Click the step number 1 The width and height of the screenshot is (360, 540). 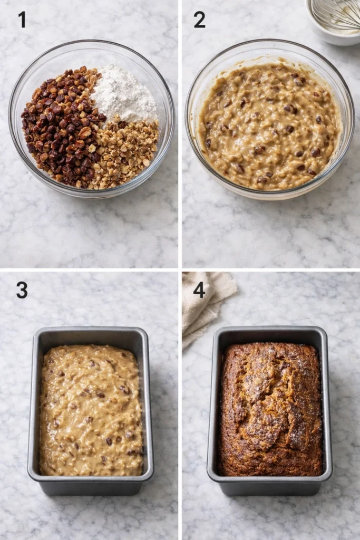click(x=22, y=20)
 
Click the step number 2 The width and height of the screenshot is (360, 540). click(x=199, y=20)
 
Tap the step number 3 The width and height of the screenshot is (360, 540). click(x=22, y=290)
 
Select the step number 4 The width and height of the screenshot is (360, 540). click(x=199, y=290)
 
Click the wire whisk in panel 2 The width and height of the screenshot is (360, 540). click(x=337, y=13)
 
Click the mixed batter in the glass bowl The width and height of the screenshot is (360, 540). click(x=269, y=127)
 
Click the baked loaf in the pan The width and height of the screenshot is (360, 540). click(x=270, y=409)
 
